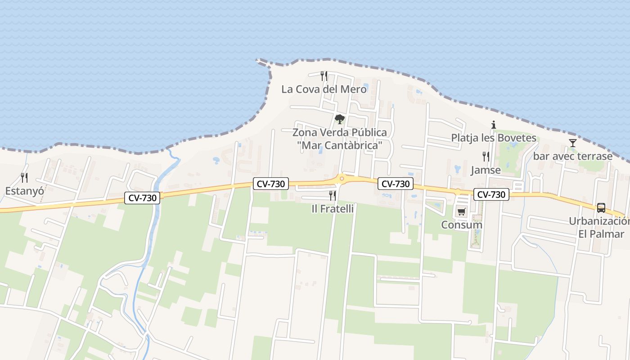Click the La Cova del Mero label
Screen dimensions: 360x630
point(324,89)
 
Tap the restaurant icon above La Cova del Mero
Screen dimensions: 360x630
point(324,76)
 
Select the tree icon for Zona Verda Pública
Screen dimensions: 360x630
point(340,119)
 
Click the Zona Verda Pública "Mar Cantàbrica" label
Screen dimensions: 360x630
point(340,139)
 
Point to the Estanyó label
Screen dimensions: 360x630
point(25,191)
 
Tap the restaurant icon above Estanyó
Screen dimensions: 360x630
point(24,178)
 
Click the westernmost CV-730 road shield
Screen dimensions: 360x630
point(142,198)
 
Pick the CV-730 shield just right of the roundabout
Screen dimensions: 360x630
point(396,184)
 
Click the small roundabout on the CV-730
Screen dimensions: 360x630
point(342,179)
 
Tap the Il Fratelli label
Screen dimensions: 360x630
point(333,209)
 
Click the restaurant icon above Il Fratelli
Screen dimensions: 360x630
point(333,195)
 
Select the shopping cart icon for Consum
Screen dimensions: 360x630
point(461,211)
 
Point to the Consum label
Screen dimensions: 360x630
point(462,225)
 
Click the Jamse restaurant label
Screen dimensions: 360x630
point(486,170)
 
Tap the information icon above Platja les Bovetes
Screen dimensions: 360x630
point(494,125)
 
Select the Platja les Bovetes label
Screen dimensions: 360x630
point(494,138)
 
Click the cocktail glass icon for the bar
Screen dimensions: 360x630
point(572,143)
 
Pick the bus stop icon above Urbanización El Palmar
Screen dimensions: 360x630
point(601,208)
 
